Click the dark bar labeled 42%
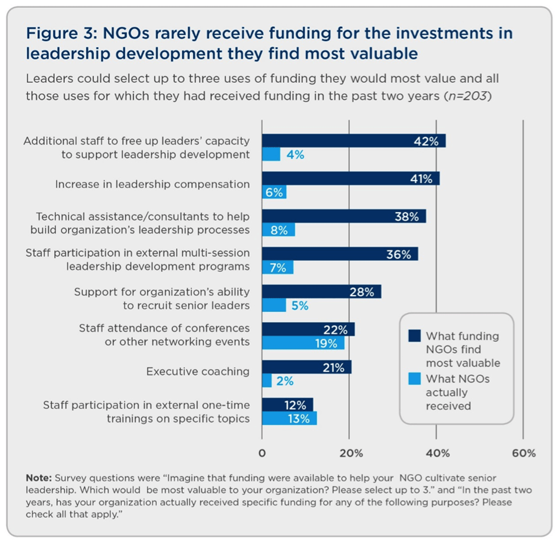tap(354, 141)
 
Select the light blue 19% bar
tap(303, 343)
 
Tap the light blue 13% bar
tap(289, 418)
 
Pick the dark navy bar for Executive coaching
tap(306, 367)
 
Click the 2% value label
tap(285, 381)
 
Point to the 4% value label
tap(295, 155)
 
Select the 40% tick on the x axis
tap(437, 453)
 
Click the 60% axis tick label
tap(524, 453)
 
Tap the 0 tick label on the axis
tap(262, 453)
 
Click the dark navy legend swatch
tap(414, 335)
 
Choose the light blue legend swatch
tap(414, 379)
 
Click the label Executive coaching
tap(198, 371)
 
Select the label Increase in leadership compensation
tap(152, 184)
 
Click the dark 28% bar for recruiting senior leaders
tap(321, 292)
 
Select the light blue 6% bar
tap(274, 192)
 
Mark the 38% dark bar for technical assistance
tap(344, 216)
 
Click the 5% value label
tap(300, 306)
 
